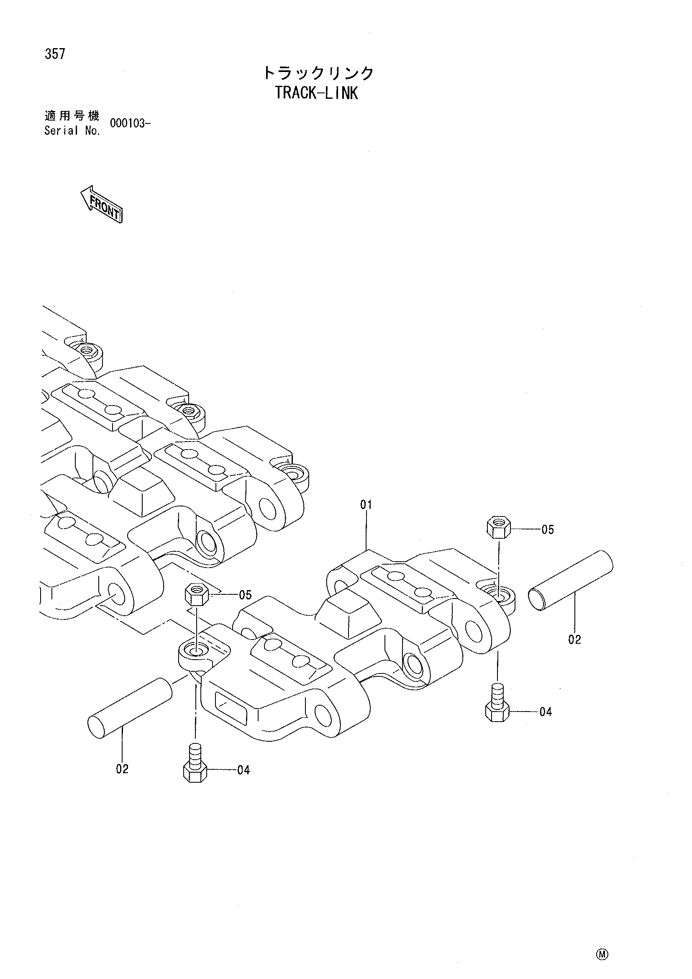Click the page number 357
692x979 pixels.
click(54, 54)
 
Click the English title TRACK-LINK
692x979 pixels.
click(316, 93)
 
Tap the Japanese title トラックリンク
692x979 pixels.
click(318, 73)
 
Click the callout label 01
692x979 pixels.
click(366, 505)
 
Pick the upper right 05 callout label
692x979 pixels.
click(548, 529)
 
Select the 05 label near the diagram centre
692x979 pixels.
click(246, 595)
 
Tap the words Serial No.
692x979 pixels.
click(72, 131)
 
